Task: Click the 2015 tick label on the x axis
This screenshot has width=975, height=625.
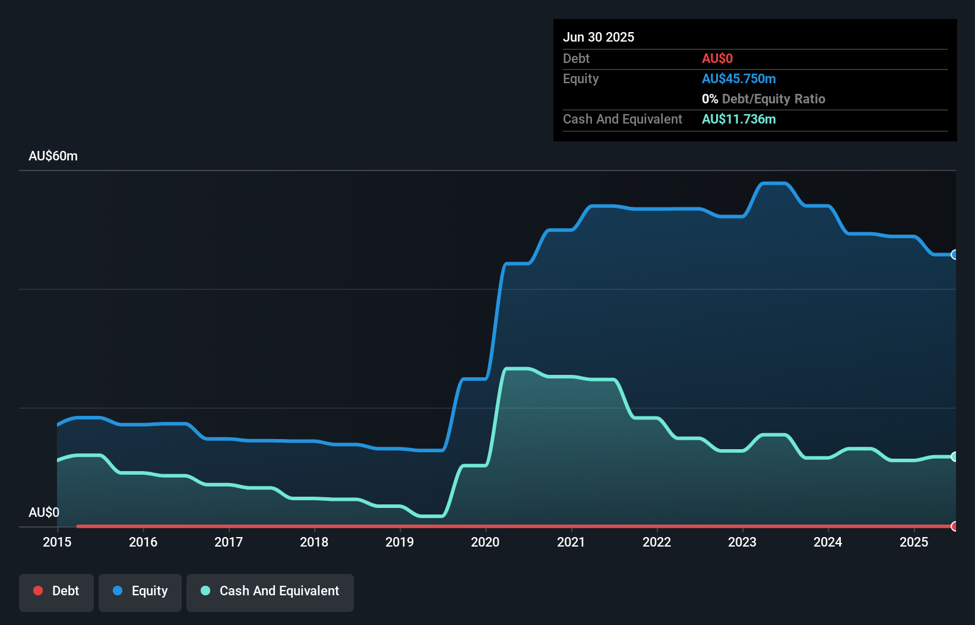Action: click(57, 542)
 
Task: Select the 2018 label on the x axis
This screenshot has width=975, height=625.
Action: click(314, 542)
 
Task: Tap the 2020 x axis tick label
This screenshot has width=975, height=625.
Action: click(485, 542)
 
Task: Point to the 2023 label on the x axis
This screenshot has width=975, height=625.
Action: click(742, 542)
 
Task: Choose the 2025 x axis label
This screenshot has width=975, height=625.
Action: click(913, 542)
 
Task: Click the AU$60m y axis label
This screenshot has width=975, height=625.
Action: click(53, 156)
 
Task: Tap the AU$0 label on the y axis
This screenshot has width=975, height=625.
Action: click(44, 512)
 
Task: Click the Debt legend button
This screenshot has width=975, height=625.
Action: click(56, 591)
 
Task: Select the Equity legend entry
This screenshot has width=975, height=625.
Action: click(140, 591)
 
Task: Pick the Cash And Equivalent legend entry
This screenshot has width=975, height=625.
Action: click(270, 591)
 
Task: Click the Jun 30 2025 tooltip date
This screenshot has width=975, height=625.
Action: click(599, 37)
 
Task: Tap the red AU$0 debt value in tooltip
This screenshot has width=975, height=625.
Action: click(717, 58)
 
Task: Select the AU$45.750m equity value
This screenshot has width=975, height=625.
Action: click(739, 78)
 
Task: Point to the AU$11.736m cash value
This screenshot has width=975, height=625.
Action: click(739, 119)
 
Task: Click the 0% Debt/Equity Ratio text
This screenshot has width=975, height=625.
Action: click(763, 99)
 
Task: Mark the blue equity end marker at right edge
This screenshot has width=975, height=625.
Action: click(954, 255)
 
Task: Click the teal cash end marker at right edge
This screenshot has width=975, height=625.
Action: click(954, 457)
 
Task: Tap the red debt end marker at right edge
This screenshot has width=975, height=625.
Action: click(954, 526)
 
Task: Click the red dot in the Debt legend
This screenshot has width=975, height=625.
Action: click(38, 591)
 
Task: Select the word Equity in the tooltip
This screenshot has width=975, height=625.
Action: click(580, 78)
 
